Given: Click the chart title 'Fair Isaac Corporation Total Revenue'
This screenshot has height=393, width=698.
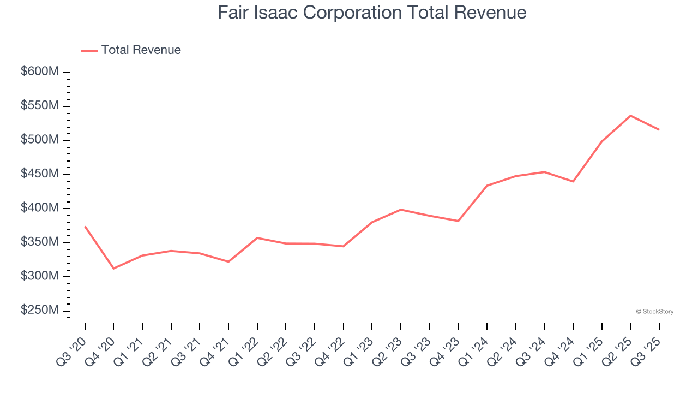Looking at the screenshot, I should [372, 13].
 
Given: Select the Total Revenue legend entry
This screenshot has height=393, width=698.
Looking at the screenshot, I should [131, 50].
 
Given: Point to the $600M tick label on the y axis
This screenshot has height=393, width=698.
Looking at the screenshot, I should [40, 72].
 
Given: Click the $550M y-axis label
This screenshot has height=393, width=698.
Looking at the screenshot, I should [40, 106].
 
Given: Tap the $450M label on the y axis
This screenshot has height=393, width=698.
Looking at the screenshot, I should [40, 174].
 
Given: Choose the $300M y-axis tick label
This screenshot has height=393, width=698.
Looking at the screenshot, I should [40, 276].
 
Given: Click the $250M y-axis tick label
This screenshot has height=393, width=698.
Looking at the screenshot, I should [40, 310].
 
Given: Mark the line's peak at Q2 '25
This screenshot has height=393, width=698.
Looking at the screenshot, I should [630, 116].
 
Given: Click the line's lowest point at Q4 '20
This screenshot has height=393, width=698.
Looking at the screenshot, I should [113, 269].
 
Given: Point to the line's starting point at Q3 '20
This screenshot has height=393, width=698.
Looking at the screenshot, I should [85, 226].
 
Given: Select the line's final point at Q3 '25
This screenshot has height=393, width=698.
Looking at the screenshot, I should [659, 129].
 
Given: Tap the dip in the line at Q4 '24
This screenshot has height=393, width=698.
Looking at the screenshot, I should [573, 181].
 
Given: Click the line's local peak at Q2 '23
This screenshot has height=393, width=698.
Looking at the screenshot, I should [401, 210].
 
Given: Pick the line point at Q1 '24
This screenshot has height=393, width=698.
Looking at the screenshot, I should [487, 186].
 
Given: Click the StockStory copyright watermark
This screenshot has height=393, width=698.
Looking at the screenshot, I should [654, 312].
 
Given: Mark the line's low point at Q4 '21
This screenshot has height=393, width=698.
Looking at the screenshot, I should [228, 261].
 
